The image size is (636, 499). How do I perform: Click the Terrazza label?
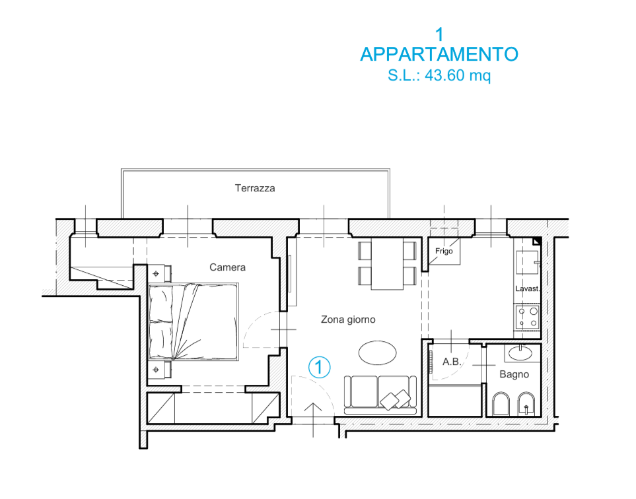point(255,188)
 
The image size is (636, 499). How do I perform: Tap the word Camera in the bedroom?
point(227,267)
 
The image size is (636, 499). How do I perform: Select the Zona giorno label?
point(348,319)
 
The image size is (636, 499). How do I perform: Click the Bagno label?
point(514,374)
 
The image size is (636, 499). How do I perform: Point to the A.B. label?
point(452,362)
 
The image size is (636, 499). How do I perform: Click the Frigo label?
point(444,251)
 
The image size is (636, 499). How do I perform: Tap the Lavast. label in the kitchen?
point(527,288)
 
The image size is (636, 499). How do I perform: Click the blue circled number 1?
point(319,367)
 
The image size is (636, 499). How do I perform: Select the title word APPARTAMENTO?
point(439,54)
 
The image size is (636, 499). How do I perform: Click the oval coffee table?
point(378,352)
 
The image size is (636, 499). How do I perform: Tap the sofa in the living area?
point(380,395)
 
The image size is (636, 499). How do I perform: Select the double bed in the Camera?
point(194,322)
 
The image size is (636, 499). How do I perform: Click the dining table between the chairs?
point(387,264)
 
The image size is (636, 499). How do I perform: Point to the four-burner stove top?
point(527,317)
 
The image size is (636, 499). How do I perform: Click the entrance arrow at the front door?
point(313,420)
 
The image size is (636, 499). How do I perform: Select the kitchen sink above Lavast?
point(527,262)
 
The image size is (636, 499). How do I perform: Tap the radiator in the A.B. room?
point(431,362)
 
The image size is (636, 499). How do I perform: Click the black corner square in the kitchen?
point(537,241)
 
